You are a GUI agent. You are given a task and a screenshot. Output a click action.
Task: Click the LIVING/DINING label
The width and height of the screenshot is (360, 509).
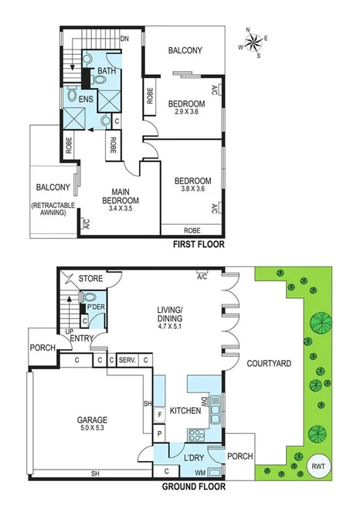click(x=166, y=317)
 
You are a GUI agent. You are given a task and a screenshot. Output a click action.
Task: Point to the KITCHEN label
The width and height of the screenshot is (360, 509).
click(x=185, y=410)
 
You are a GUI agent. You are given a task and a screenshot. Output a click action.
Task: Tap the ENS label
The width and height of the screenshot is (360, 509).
click(x=87, y=100)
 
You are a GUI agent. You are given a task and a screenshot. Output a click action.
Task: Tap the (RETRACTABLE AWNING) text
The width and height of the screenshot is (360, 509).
click(x=53, y=210)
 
